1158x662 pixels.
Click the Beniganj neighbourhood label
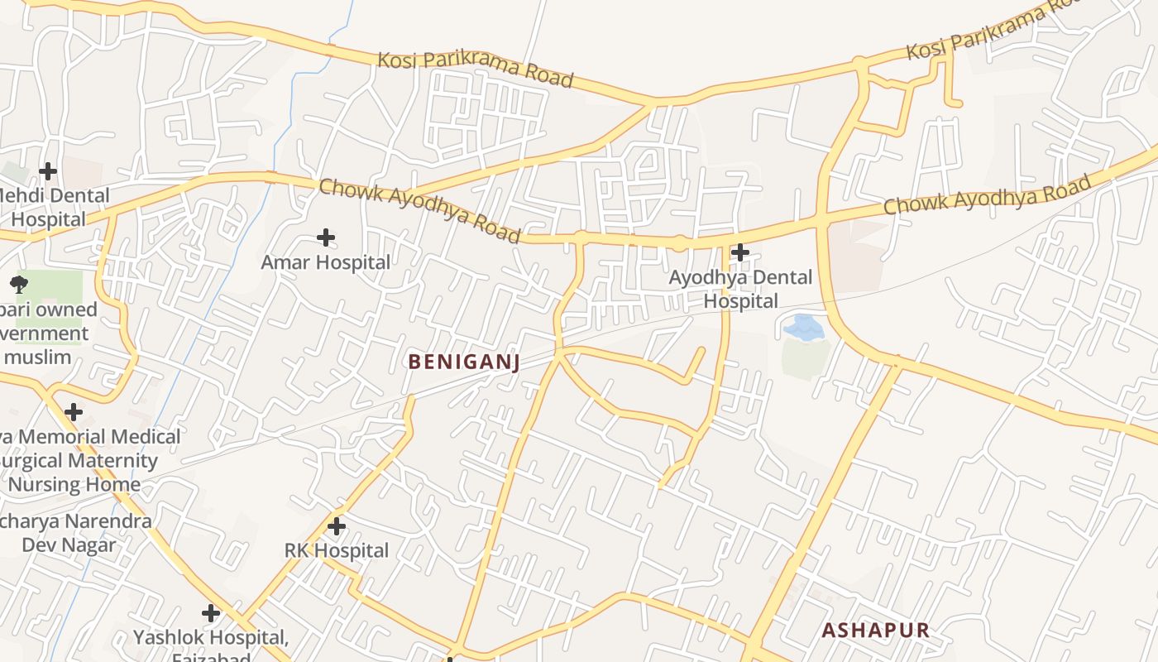[x=463, y=362]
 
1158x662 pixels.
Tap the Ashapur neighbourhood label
[x=875, y=630]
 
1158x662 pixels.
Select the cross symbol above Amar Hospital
[x=326, y=238]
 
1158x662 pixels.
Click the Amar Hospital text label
[x=326, y=262]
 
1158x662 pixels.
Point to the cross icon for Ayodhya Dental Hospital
[x=740, y=252]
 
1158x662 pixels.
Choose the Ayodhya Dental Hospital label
[x=740, y=289]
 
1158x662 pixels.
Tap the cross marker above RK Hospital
[x=336, y=526]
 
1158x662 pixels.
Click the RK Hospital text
[x=336, y=550]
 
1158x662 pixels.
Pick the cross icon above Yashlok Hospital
[x=211, y=613]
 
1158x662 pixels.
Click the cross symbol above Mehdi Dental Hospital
[x=48, y=171]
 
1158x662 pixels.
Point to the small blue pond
[x=803, y=328]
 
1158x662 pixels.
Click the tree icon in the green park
[x=18, y=285]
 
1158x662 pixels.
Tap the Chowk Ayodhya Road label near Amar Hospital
[x=420, y=211]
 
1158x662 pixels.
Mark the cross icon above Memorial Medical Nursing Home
[x=74, y=411]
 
